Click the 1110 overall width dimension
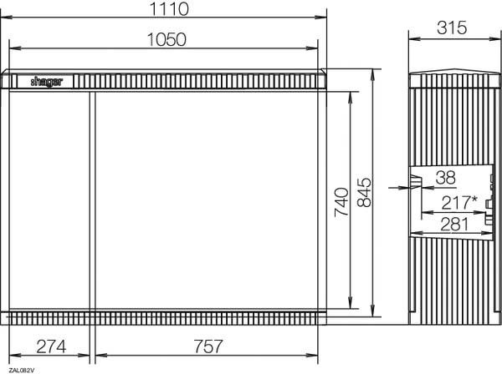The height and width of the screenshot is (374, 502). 169,8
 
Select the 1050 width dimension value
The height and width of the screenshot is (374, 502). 166,39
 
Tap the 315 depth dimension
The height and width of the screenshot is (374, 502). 452,28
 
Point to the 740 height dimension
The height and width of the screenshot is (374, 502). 341,203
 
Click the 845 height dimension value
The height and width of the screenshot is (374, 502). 364,193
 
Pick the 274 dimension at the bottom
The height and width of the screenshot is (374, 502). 51,346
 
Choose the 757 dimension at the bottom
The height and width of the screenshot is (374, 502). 208,346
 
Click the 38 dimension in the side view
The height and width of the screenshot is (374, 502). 445,178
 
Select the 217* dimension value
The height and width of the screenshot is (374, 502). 459,203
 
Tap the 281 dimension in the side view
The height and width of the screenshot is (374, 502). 454,225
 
